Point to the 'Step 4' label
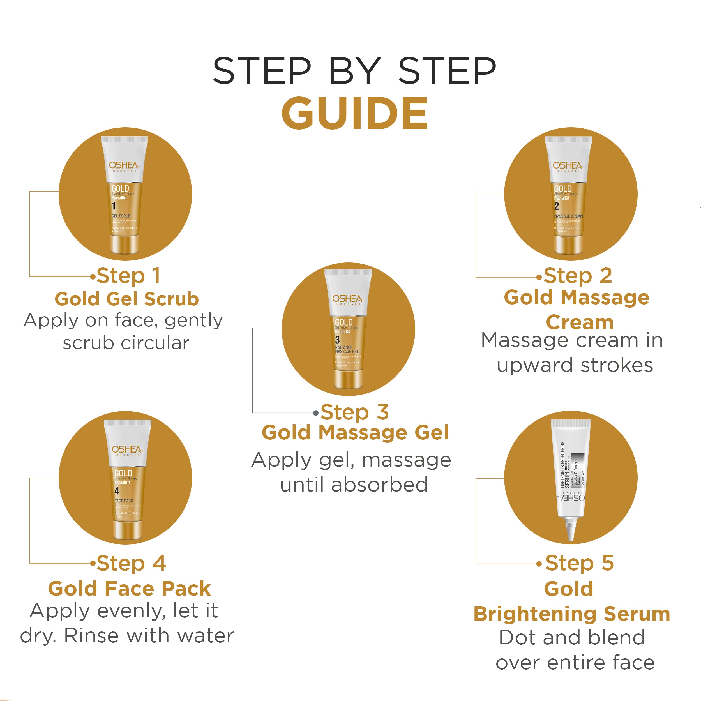(131, 563)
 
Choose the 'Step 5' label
(580, 563)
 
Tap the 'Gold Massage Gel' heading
(355, 432)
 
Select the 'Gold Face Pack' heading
(129, 589)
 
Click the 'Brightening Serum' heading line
(572, 614)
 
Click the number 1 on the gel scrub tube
(114, 206)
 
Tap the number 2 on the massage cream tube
(556, 206)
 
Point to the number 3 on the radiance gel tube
(337, 340)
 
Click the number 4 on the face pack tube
(116, 491)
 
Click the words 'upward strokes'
(575, 365)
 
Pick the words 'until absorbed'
(354, 485)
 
